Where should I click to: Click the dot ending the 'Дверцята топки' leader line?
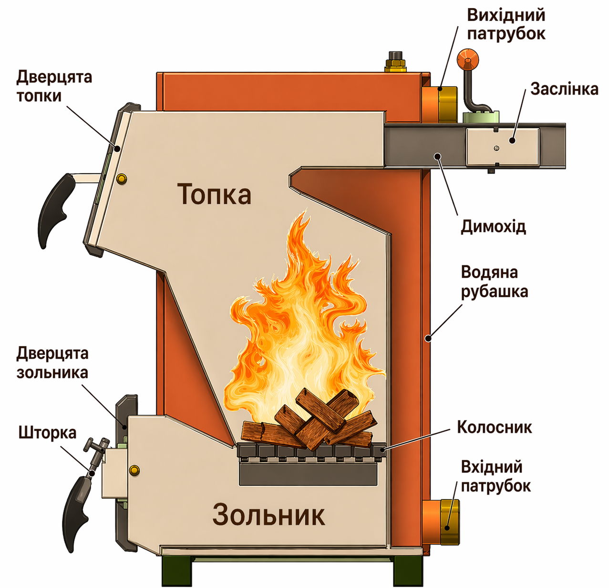pos(117,148)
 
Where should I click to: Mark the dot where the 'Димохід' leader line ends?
pos(437,156)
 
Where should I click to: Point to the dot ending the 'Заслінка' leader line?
pos(512,141)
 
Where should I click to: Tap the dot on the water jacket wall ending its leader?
pos(428,338)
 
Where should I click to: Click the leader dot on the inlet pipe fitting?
pos(447,528)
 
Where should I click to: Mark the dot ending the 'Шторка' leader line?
pos(92,473)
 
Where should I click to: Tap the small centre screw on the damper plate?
pos(496,148)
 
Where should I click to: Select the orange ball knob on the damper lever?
pos(468,60)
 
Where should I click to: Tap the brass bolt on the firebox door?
pos(122,178)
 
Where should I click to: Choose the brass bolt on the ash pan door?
pos(134,470)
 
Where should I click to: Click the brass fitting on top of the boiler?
pos(395,62)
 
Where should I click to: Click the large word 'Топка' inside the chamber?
pos(214,194)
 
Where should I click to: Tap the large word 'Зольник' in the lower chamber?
pos(268,514)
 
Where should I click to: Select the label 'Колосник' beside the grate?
pos(495,427)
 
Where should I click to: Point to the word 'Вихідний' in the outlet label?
pos(506,15)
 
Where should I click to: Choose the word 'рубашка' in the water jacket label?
pos(495,291)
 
